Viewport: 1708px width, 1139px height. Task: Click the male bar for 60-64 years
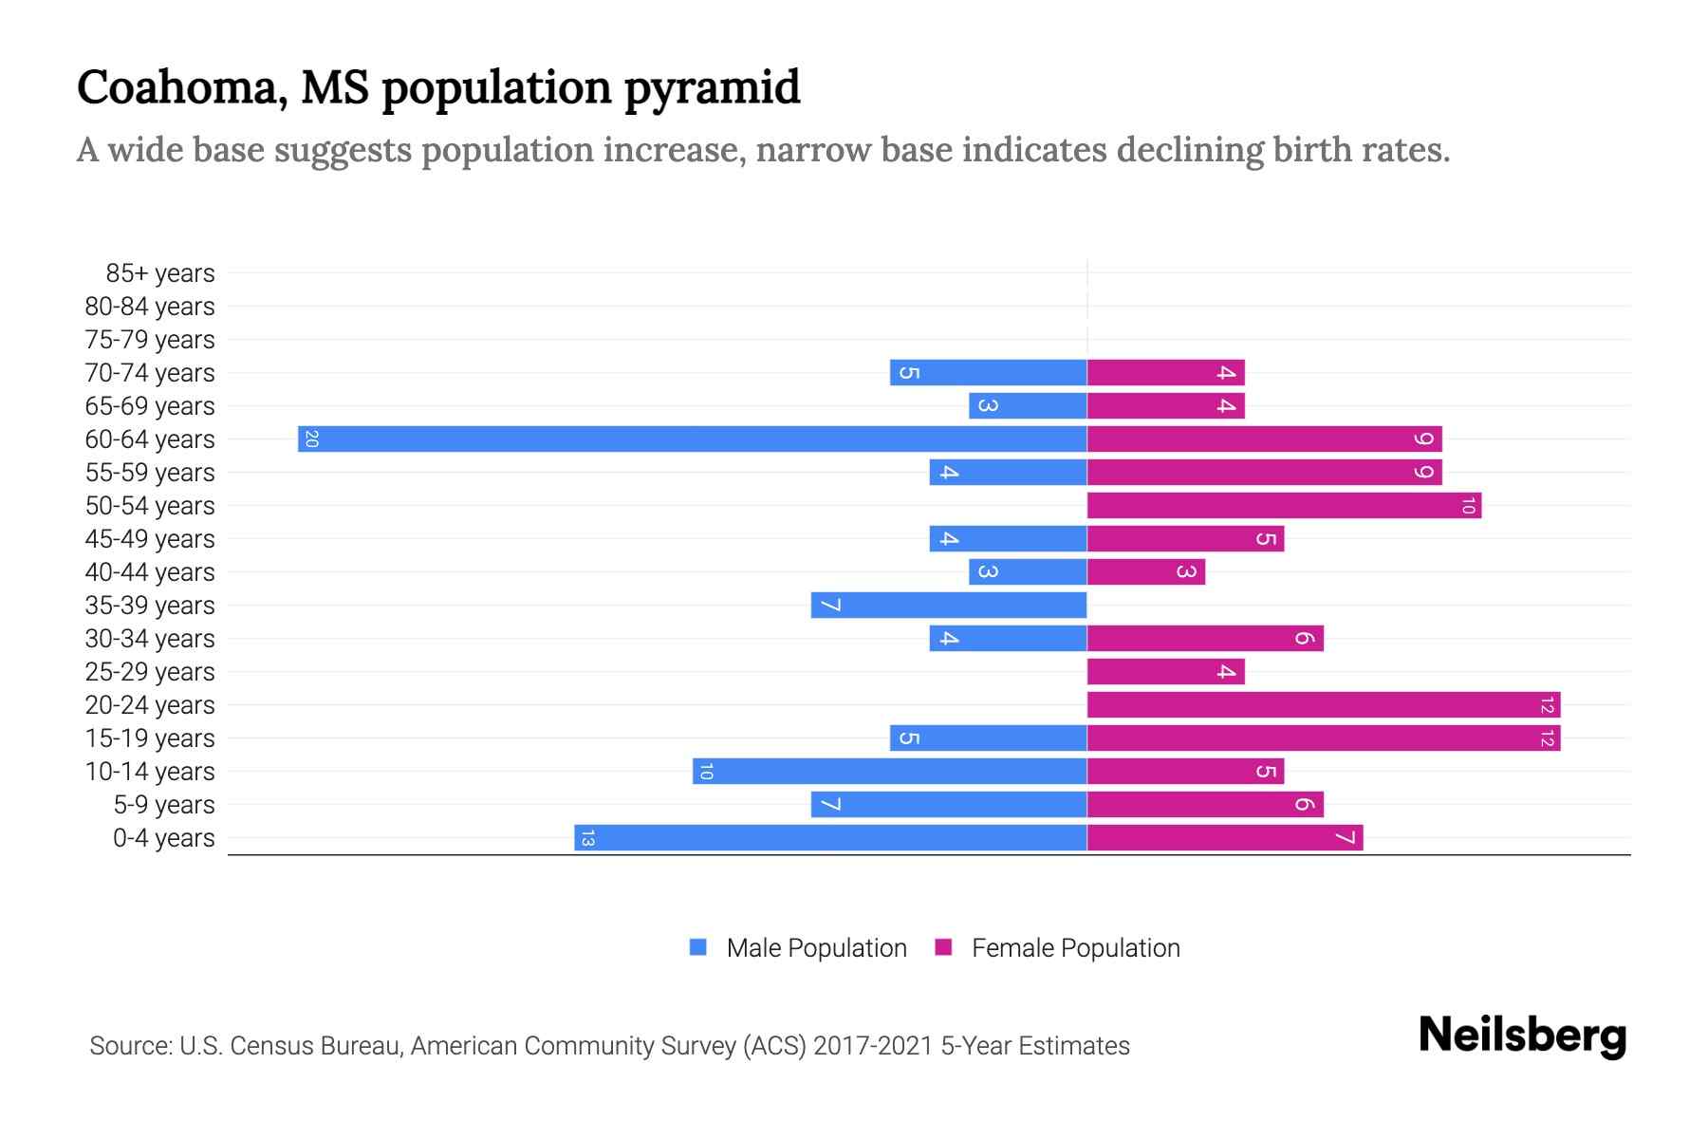click(693, 439)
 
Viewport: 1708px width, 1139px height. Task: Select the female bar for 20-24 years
click(1324, 705)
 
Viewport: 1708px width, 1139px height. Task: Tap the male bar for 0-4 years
click(830, 838)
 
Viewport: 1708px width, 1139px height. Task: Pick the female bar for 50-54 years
click(1284, 506)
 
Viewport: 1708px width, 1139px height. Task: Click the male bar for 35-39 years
click(949, 606)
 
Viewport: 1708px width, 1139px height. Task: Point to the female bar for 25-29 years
click(1165, 672)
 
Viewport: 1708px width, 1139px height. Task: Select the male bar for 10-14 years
click(890, 772)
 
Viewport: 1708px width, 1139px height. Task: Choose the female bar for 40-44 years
click(1145, 572)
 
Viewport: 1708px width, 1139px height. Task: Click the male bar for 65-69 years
click(1028, 406)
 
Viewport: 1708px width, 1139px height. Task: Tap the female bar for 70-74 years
click(1165, 373)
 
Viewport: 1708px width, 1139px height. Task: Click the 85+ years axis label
click(160, 273)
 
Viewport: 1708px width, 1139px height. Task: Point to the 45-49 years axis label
click(150, 539)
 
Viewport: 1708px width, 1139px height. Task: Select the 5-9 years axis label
click(164, 805)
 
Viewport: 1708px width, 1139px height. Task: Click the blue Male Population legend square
click(698, 947)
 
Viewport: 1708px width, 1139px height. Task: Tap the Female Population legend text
click(1075, 948)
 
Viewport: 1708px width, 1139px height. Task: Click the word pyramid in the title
click(712, 88)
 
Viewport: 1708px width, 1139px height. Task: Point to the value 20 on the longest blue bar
click(311, 439)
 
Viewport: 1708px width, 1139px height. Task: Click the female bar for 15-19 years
click(1324, 738)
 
